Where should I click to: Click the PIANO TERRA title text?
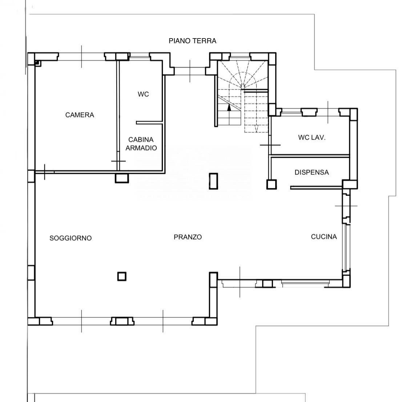(x=192, y=41)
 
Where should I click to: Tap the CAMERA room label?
(x=80, y=115)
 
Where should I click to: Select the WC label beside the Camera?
(x=143, y=94)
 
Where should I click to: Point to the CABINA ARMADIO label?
(x=141, y=144)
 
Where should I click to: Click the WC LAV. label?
(x=311, y=137)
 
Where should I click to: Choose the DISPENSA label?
(x=311, y=172)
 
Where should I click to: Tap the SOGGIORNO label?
(x=71, y=238)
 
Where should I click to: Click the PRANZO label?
(x=188, y=237)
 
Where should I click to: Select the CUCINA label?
(x=324, y=237)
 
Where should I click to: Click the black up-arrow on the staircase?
(x=229, y=108)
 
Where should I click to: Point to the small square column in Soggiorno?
(x=122, y=276)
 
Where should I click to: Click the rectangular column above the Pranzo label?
(x=213, y=181)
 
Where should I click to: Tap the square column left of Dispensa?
(x=272, y=184)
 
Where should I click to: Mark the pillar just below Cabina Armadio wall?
(x=122, y=178)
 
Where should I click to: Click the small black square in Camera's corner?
(x=37, y=62)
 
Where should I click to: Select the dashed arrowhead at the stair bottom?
(x=256, y=129)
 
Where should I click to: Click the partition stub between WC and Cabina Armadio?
(x=149, y=123)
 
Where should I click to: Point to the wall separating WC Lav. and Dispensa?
(x=309, y=156)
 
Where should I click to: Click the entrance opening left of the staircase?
(x=190, y=71)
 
